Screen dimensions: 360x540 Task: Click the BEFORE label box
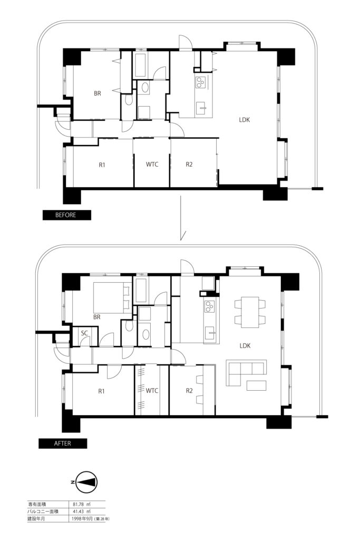(x=67, y=215)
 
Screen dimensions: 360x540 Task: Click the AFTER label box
(x=63, y=443)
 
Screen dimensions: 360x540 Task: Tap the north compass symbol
(x=85, y=482)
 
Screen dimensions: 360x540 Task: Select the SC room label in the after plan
(x=85, y=333)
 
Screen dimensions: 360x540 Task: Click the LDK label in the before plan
(x=245, y=120)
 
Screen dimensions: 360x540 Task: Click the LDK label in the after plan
(x=245, y=346)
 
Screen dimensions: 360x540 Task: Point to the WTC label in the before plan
(x=152, y=165)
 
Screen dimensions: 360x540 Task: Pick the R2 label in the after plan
(x=189, y=391)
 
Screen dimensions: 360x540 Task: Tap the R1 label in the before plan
(x=102, y=165)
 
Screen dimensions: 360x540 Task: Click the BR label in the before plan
(x=98, y=93)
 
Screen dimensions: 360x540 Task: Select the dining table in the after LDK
(x=250, y=312)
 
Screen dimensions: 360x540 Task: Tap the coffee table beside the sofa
(x=256, y=385)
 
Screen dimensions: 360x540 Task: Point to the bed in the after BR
(x=113, y=297)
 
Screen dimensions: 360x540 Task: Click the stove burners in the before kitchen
(x=200, y=82)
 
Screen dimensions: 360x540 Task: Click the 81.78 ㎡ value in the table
(x=81, y=504)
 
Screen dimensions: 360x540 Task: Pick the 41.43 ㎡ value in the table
(x=81, y=512)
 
